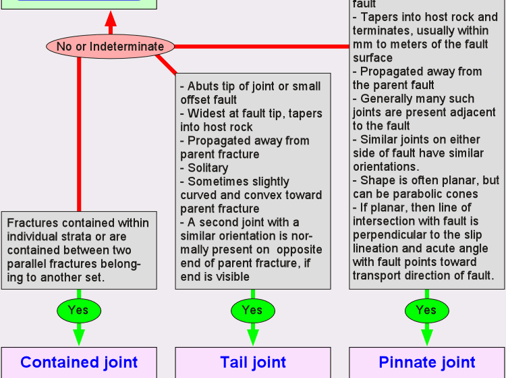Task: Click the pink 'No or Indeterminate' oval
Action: coord(110,47)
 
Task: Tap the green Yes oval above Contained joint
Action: coord(78,310)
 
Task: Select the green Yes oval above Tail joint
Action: coord(252,310)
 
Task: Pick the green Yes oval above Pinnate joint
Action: coord(426,310)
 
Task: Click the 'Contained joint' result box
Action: coord(79,362)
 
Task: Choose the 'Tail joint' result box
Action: coord(253,362)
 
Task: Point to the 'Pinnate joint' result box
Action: coord(427,362)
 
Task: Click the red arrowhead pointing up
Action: coord(111,20)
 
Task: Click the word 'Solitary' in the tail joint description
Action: coord(208,168)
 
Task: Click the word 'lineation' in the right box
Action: coord(376,248)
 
